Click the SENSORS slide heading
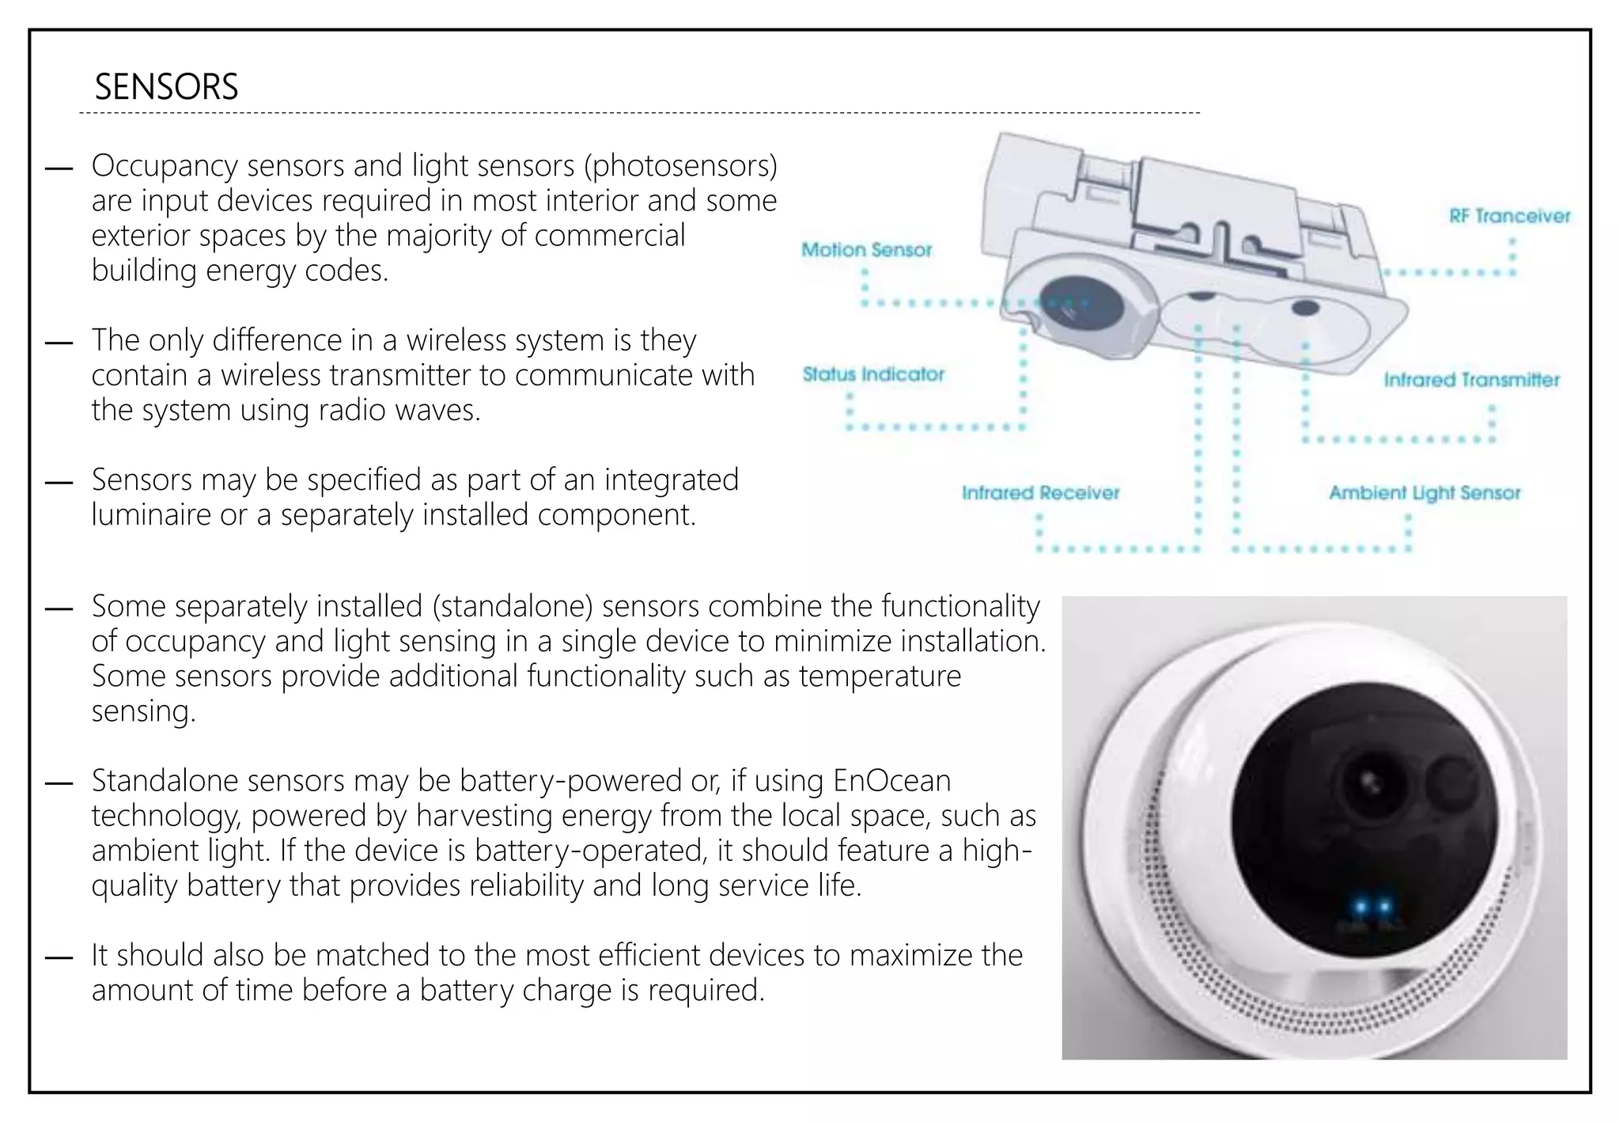coord(166,87)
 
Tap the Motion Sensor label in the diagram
coord(866,250)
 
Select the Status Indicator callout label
coord(873,374)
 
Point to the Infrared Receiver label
coord(1040,493)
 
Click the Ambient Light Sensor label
coord(1424,493)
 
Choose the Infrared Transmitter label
coord(1471,380)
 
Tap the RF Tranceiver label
coord(1509,216)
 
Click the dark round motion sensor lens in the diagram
coord(1070,301)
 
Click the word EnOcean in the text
coord(891,781)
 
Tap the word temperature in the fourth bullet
coord(880,677)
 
